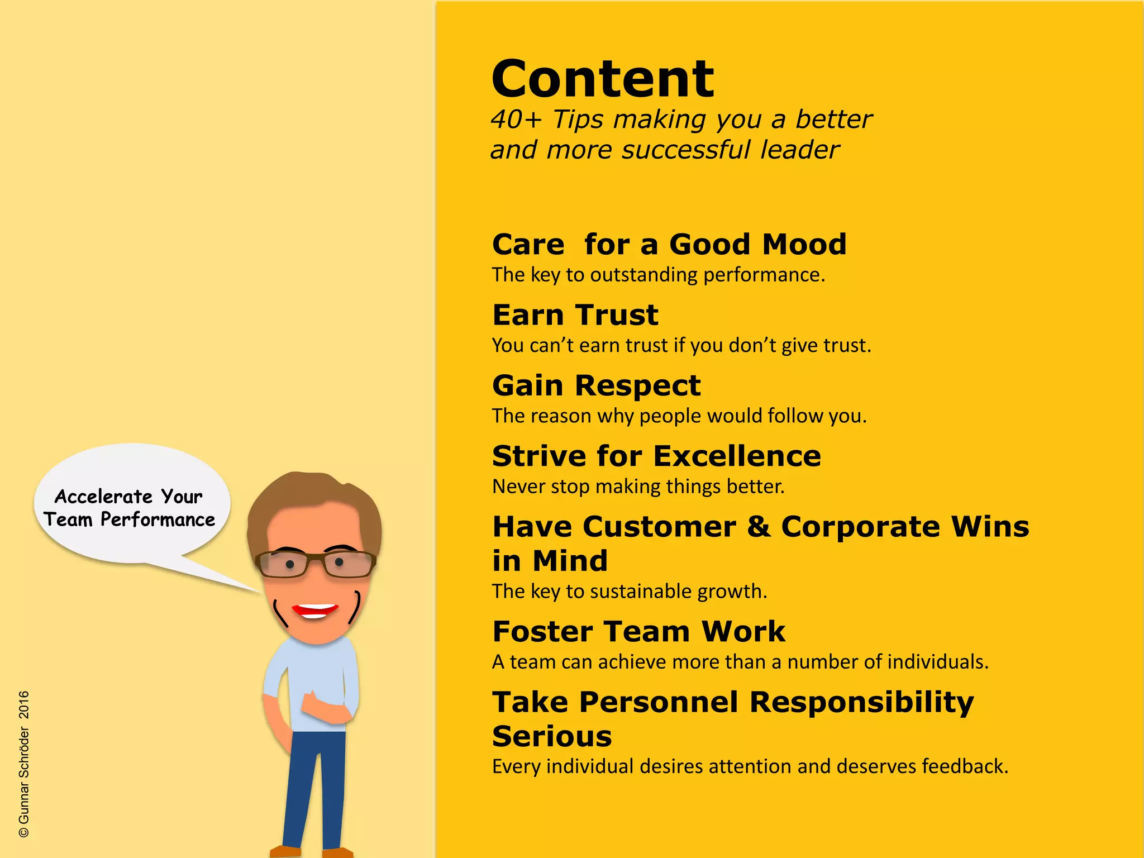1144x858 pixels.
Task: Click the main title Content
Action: point(602,79)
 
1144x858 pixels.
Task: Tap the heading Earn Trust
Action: point(575,315)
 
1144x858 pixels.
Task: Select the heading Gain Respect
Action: point(596,385)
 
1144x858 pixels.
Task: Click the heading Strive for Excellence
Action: point(656,456)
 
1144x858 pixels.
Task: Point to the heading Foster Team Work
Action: point(638,632)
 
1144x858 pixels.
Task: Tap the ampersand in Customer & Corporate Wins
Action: point(759,527)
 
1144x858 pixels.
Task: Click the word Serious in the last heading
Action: point(552,736)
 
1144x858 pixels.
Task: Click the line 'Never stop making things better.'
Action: point(638,487)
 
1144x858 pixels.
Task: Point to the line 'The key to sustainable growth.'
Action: point(630,591)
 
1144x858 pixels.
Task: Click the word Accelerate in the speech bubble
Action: point(104,497)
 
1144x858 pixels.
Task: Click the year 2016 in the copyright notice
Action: point(24,704)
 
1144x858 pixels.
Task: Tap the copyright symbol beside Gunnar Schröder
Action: point(24,832)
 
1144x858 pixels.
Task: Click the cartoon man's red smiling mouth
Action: point(316,610)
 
